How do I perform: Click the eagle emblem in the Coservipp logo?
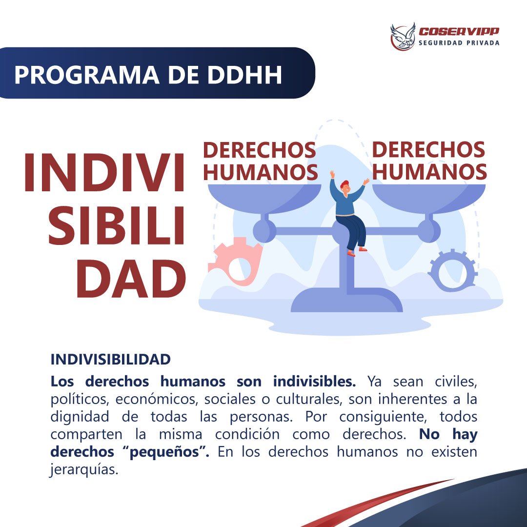coord(403,37)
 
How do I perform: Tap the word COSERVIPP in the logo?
coord(459,32)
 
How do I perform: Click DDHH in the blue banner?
coord(244,75)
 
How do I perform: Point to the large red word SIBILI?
coord(117,225)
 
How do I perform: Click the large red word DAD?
coord(131,279)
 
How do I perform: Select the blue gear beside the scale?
coord(452,270)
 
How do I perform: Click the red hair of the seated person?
coord(344,184)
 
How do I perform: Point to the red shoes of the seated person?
coord(357,252)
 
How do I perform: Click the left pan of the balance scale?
coord(264,198)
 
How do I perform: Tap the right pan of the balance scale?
coord(429,198)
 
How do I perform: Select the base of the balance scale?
coord(346,300)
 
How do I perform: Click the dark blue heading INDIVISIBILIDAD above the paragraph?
coord(111,360)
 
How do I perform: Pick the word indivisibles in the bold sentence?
coord(314,382)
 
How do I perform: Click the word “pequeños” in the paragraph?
coord(169,452)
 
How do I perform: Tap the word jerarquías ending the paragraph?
coord(84,469)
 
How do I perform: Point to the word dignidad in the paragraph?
coord(80,417)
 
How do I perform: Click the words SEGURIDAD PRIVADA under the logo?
coord(459,43)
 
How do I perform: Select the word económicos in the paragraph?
coord(157,399)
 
